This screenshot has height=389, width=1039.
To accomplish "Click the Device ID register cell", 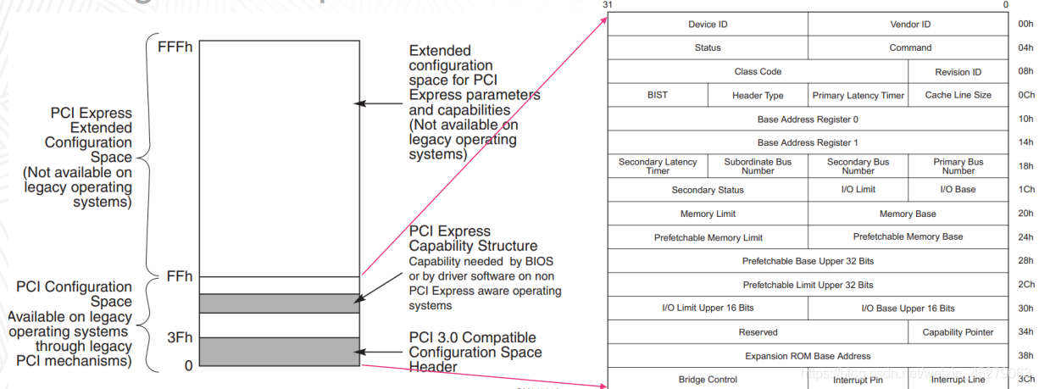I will [708, 25].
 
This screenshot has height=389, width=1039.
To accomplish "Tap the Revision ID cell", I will [958, 72].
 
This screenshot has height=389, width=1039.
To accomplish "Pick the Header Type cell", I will [758, 96].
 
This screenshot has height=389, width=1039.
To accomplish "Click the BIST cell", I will [658, 95].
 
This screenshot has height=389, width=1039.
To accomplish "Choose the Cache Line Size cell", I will [958, 95].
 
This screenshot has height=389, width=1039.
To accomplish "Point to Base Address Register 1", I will [808, 142].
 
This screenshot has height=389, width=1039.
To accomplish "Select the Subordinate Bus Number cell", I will [758, 166].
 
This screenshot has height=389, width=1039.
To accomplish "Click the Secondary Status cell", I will [708, 190].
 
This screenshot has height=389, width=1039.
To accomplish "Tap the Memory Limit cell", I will [708, 214].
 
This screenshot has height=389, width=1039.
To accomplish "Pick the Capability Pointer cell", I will [958, 332].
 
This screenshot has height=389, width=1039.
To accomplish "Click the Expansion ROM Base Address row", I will [808, 356].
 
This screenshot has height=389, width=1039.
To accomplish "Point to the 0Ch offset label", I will [1025, 95].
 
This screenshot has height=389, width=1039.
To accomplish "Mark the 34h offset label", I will [1025, 332].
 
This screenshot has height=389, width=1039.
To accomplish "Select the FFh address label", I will [179, 276].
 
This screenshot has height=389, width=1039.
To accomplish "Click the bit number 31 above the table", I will [607, 5].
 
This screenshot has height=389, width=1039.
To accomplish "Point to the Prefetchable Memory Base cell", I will [908, 237].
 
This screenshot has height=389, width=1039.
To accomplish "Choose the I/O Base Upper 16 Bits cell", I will [908, 308].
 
